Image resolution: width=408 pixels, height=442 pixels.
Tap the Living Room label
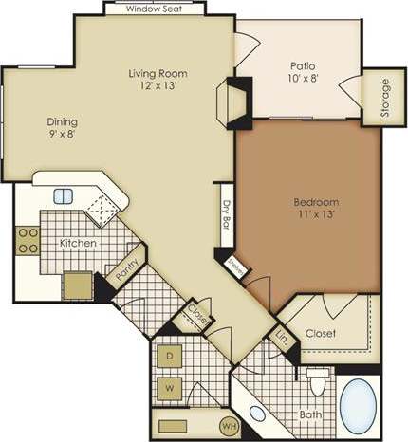[x=158, y=73]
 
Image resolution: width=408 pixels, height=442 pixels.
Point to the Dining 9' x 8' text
[x=63, y=128]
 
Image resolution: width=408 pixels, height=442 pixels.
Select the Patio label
[x=303, y=66]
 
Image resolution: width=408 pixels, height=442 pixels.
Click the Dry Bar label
[x=227, y=217]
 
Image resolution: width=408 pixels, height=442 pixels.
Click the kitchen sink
[x=64, y=196]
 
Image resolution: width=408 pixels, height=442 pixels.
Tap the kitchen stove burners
[x=27, y=239]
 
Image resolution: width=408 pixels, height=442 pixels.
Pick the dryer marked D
[x=172, y=357]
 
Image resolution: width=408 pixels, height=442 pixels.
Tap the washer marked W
[x=172, y=387]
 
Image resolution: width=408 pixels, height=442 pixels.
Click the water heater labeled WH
[x=229, y=423]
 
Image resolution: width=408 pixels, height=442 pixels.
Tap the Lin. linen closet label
[x=281, y=336]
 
